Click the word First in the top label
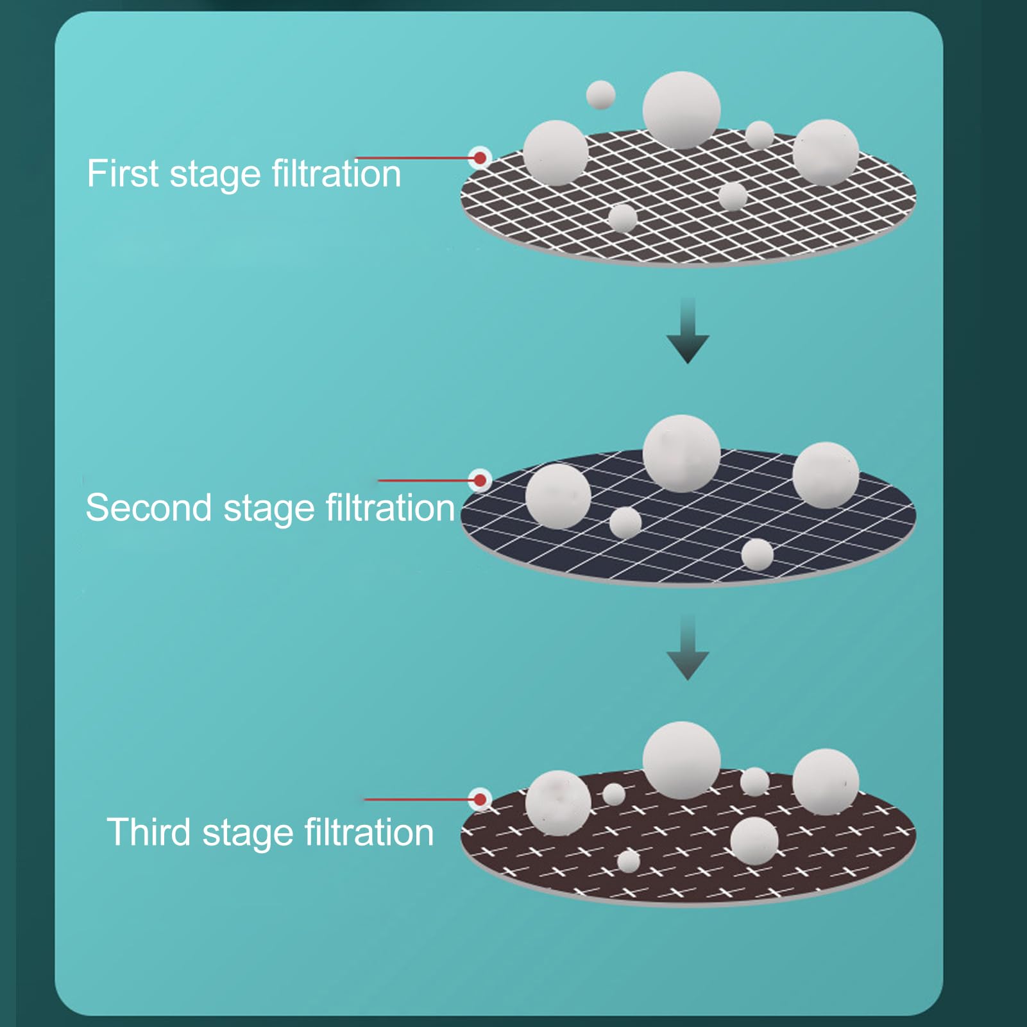point(123,173)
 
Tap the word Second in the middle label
point(148,507)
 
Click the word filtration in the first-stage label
point(336,173)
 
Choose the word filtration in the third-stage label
point(369,832)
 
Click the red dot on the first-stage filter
point(480,157)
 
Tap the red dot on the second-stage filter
point(480,480)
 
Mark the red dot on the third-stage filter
point(480,799)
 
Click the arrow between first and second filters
point(688,330)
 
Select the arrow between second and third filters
point(688,647)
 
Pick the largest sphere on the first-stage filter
point(681,110)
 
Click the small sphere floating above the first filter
point(601,95)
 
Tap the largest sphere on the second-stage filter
point(681,453)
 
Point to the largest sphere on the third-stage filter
point(681,760)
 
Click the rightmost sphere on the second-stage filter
point(826,475)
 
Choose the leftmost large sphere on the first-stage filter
point(556,153)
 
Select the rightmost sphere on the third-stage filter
point(826,782)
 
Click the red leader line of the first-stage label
point(414,157)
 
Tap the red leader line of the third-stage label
point(419,799)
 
